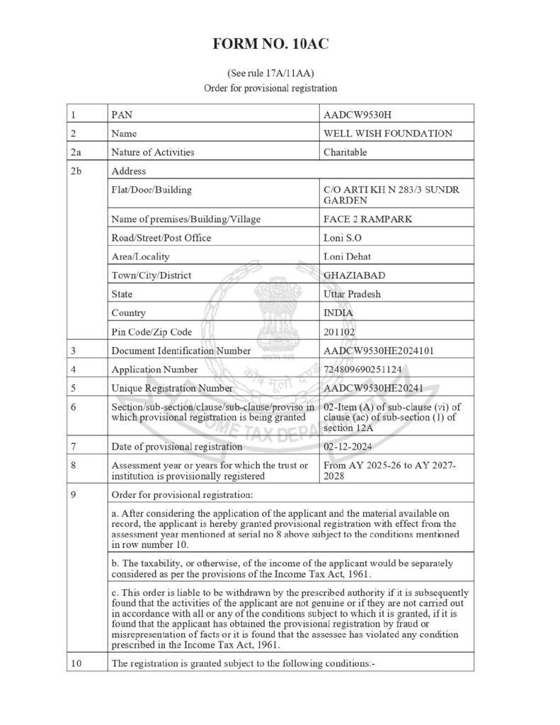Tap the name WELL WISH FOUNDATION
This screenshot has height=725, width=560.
tap(387, 133)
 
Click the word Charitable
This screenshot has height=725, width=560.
tap(345, 152)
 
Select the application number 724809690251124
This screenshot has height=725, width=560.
tap(365, 369)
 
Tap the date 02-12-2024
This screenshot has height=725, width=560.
tap(348, 447)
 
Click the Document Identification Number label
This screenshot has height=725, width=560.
tap(181, 350)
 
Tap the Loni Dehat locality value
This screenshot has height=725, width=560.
tap(346, 256)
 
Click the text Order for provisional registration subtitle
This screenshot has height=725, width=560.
tap(270, 89)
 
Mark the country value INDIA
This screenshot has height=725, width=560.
tap(338, 312)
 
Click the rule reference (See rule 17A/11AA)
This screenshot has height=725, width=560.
tap(270, 74)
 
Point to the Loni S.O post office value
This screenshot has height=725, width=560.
tap(341, 237)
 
